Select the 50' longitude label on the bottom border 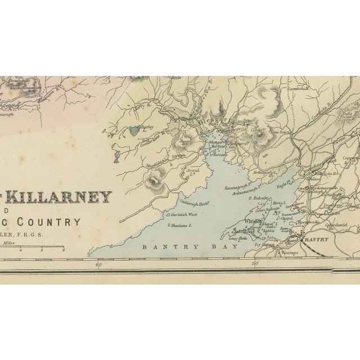(254, 263)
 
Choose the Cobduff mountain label (258, 129)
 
